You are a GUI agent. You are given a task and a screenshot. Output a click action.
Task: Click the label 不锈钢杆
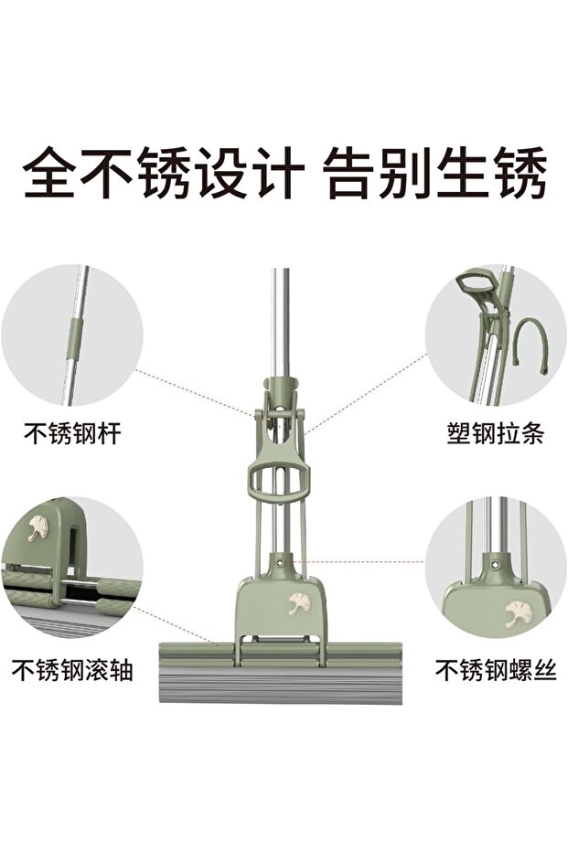pos(72,433)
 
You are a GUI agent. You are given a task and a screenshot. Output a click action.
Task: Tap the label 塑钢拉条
pos(495,433)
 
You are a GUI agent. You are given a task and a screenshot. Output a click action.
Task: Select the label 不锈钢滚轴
pos(72,670)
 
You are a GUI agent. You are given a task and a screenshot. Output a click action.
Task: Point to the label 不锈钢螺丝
pos(496,670)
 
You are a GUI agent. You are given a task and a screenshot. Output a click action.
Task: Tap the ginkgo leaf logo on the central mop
pos(298,603)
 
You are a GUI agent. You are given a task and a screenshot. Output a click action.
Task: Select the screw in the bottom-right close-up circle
pos(494,566)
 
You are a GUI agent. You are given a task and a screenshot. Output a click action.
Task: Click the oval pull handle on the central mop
pos(279,478)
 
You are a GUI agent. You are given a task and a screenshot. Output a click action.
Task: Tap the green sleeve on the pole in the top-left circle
pos(74,338)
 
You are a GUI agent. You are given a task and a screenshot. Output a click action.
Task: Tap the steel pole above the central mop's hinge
pos(280,323)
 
